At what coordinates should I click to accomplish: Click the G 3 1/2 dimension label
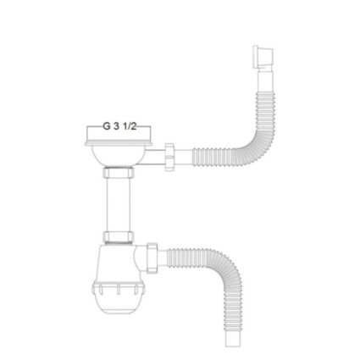pyautogui.click(x=119, y=126)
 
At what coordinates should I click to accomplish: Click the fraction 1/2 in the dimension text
pyautogui.click(x=130, y=126)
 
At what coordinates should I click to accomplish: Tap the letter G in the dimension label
pyautogui.click(x=107, y=126)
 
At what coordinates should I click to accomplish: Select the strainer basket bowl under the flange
pyautogui.click(x=118, y=156)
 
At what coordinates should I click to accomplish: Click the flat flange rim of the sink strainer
pyautogui.click(x=119, y=142)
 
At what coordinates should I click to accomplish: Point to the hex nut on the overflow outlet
pyautogui.click(x=169, y=157)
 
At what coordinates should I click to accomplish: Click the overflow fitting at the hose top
pyautogui.click(x=263, y=58)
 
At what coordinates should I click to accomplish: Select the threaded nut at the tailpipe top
pyautogui.click(x=119, y=173)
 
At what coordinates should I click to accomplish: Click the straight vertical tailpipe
pyautogui.click(x=119, y=205)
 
